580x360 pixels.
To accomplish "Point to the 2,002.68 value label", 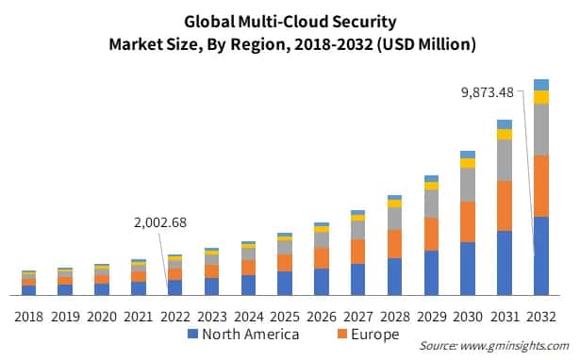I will [157, 223].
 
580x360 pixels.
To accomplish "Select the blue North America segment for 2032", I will [540, 255].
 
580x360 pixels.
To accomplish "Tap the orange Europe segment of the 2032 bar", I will [540, 186].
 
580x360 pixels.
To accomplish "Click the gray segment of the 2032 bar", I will [540, 129].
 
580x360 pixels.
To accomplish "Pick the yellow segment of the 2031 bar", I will [505, 134].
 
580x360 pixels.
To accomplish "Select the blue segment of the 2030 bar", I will [468, 269].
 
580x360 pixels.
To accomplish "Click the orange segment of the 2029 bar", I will [431, 234].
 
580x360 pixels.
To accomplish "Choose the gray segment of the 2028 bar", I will [394, 219].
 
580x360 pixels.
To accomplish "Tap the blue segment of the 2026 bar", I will [322, 282].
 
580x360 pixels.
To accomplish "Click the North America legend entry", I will [243, 335].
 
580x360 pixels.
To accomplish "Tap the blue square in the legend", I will [192, 335].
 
